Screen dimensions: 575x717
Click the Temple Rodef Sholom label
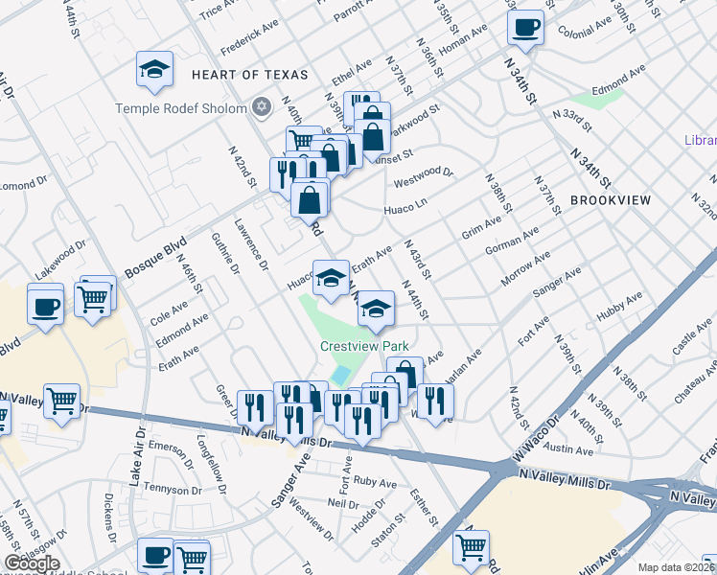pos(181,107)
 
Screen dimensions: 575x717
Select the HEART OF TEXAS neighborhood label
pos(250,74)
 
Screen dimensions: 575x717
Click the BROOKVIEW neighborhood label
pos(611,200)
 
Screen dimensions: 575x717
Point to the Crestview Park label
pos(365,346)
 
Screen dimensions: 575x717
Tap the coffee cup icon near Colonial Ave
pos(525,27)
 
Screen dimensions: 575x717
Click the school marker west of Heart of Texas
pos(154,68)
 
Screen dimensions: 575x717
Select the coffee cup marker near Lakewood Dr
pos(46,306)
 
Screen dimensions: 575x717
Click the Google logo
pos(31,563)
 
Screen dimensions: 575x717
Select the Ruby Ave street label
pos(375,482)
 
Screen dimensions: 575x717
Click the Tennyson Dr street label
pos(172,488)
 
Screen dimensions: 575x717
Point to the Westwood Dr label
pos(423,175)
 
